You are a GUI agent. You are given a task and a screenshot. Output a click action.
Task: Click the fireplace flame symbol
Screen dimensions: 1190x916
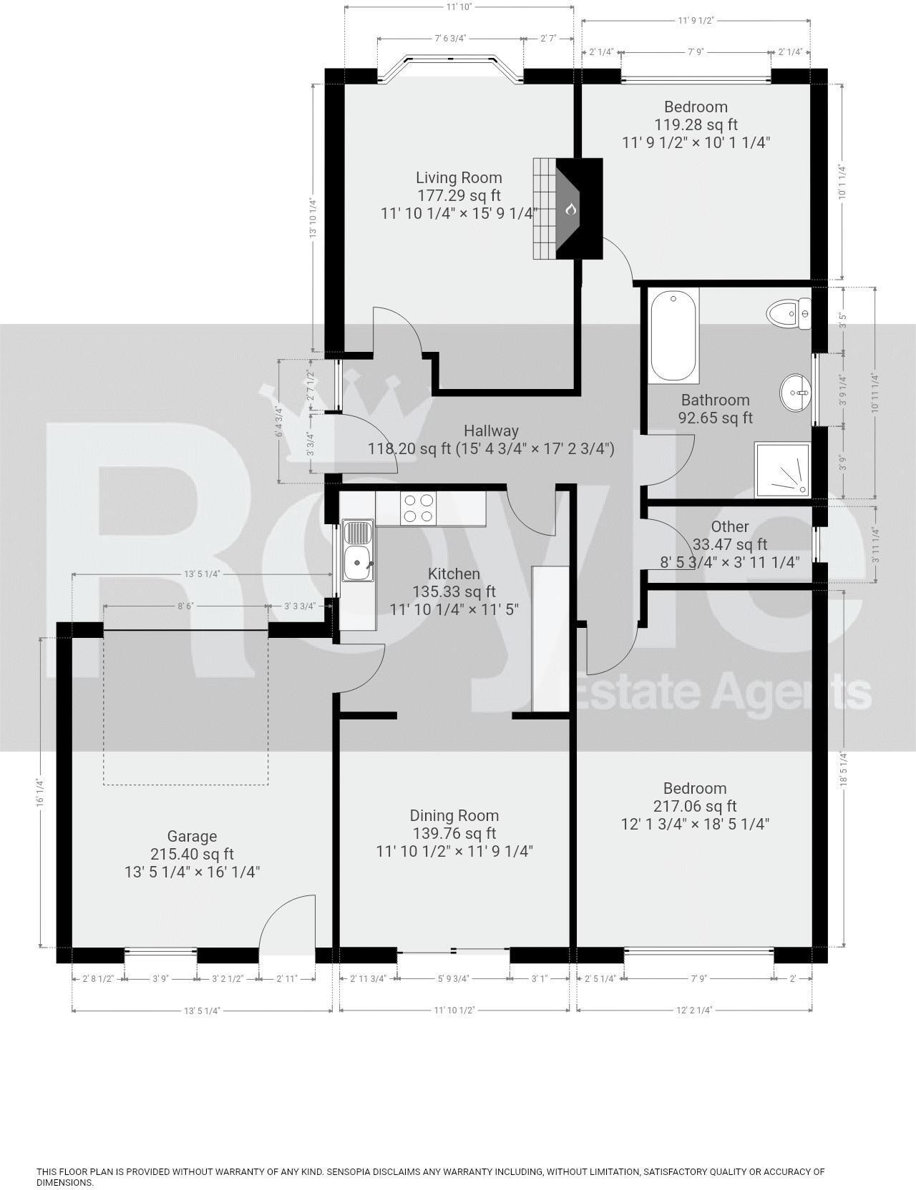pyautogui.click(x=570, y=209)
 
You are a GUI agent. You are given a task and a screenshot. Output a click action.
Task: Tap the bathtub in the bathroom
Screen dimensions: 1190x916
pyautogui.click(x=673, y=335)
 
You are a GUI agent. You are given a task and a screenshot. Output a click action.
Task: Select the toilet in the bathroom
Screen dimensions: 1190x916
pyautogui.click(x=788, y=313)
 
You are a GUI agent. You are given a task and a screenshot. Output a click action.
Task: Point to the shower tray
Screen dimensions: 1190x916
pyautogui.click(x=783, y=469)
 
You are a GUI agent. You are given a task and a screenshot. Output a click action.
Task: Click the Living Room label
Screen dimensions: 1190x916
pyautogui.click(x=459, y=177)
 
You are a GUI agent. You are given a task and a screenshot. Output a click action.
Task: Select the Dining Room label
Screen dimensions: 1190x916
pyautogui.click(x=454, y=815)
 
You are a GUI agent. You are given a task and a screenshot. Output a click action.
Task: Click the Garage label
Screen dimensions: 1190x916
pyautogui.click(x=192, y=836)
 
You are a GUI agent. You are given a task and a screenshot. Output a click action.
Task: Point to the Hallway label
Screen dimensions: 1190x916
pyautogui.click(x=491, y=431)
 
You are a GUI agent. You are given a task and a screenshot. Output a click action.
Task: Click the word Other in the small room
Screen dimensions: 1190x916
pyautogui.click(x=730, y=526)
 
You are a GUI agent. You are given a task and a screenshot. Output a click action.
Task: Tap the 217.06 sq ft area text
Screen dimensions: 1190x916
pyautogui.click(x=694, y=806)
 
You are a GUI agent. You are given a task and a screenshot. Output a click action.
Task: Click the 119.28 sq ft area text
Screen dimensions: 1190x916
pyautogui.click(x=696, y=124)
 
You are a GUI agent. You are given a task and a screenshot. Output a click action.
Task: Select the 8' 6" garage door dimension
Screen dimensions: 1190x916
pyautogui.click(x=186, y=606)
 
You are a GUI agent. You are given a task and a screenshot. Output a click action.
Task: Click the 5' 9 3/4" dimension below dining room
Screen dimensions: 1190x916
pyautogui.click(x=453, y=979)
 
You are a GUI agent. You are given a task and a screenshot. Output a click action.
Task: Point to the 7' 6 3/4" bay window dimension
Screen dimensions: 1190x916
pyautogui.click(x=449, y=39)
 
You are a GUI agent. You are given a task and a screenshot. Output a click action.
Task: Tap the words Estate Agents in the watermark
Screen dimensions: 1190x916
pyautogui.click(x=723, y=692)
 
